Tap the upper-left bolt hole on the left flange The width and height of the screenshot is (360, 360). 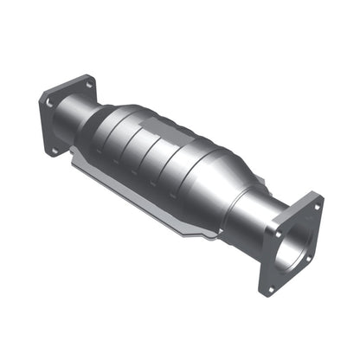[49, 102]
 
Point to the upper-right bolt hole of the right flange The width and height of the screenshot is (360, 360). [317, 207]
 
